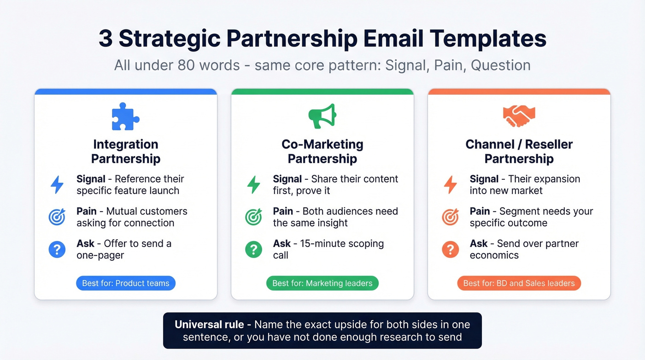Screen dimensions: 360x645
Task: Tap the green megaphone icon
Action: (x=322, y=116)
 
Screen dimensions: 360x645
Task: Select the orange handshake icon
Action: (x=519, y=117)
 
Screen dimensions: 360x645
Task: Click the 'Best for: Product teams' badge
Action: (x=126, y=283)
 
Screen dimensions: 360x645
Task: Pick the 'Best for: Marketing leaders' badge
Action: (x=322, y=283)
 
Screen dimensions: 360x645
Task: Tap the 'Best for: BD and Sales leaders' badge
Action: (x=519, y=283)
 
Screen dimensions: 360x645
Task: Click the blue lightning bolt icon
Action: (x=57, y=184)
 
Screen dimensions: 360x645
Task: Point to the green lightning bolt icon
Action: (x=253, y=184)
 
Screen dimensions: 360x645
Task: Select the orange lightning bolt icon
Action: (x=450, y=184)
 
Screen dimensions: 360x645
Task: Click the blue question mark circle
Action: (x=57, y=249)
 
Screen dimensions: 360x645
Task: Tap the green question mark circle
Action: (x=253, y=249)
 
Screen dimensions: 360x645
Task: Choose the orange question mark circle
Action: (x=450, y=249)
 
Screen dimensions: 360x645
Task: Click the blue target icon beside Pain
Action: (x=57, y=217)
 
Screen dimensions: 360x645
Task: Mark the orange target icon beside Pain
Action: (x=450, y=217)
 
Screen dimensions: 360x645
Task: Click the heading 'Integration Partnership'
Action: (x=126, y=151)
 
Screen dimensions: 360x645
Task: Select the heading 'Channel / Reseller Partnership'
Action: (x=519, y=151)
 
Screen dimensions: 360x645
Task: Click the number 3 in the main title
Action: (x=106, y=39)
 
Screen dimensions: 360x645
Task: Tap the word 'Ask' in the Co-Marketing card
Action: (x=281, y=243)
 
